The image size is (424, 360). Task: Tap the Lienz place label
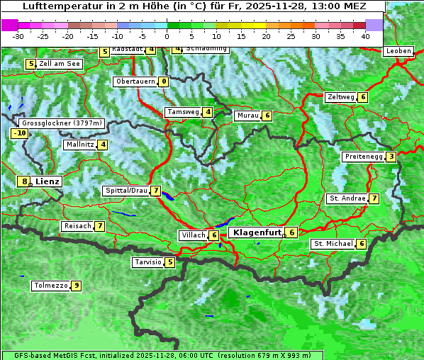coord(48,181)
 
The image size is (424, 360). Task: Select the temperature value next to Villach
coord(214,235)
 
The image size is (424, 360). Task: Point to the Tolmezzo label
coord(50,286)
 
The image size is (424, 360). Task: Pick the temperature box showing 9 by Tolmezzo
coord(76,286)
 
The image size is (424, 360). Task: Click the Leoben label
coord(398,51)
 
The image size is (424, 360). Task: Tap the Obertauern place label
coord(135,81)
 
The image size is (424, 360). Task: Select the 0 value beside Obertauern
coord(164,81)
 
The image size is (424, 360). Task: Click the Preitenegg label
coord(364,156)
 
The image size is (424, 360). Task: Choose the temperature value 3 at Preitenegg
coord(391,156)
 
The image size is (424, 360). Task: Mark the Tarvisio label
coord(147,262)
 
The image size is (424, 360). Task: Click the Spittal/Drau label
coord(125,191)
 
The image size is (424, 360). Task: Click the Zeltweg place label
coord(340,97)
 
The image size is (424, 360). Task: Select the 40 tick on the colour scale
coord(365,35)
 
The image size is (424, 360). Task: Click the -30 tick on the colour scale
coord(18,35)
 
